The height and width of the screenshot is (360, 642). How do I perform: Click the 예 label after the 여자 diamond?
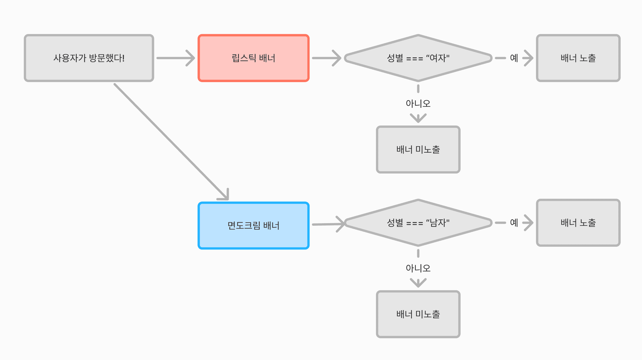(514, 58)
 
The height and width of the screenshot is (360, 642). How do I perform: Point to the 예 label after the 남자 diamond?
(514, 223)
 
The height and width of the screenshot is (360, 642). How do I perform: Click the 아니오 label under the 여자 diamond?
(418, 104)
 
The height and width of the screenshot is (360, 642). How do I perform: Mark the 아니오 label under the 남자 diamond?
(418, 268)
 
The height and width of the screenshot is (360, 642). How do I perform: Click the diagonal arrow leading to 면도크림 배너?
(169, 140)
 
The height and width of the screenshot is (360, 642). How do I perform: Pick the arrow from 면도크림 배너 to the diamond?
(327, 224)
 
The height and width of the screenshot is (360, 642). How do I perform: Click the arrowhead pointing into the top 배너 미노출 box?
(418, 118)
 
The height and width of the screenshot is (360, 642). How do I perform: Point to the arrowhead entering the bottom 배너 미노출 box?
(418, 283)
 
